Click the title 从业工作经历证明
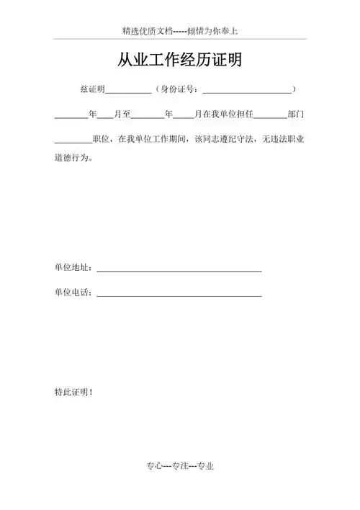pos(180,61)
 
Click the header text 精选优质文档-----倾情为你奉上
pos(180,32)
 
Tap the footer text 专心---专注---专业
pos(180,466)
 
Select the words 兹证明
pos(93,90)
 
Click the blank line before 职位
pos(73,140)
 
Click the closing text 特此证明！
pos(73,392)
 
